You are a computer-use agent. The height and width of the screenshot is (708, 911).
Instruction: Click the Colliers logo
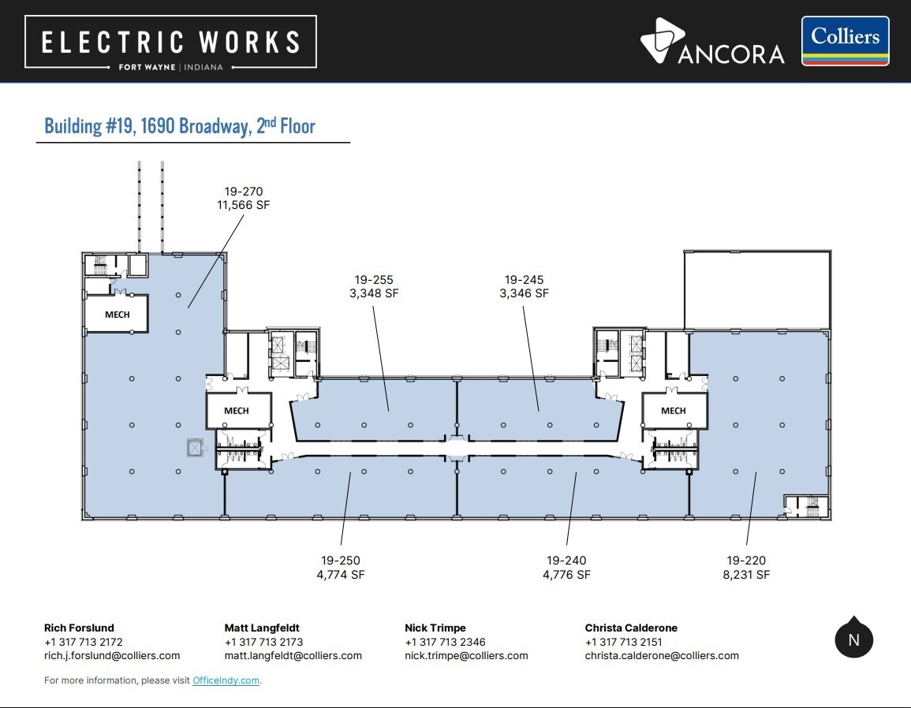[846, 41]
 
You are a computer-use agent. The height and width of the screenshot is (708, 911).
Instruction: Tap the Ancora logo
[712, 41]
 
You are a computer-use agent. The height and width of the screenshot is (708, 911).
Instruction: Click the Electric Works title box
[171, 42]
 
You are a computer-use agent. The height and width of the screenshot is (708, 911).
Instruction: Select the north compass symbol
[854, 637]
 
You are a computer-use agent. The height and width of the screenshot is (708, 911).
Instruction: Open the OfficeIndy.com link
[226, 680]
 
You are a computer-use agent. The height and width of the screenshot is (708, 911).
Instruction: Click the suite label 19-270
[244, 191]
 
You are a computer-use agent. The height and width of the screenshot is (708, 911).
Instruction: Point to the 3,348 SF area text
[374, 293]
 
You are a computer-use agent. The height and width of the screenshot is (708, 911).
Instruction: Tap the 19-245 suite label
[524, 279]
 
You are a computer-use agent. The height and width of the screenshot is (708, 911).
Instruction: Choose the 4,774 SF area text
[341, 575]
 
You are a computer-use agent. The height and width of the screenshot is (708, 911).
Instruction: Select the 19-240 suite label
[566, 561]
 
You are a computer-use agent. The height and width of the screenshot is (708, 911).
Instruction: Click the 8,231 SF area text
[746, 575]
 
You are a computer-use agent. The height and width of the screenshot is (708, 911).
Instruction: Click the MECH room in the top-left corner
[117, 314]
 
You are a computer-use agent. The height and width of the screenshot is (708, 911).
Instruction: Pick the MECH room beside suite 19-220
[674, 410]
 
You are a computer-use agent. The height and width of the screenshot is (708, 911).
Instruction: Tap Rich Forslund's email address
[112, 655]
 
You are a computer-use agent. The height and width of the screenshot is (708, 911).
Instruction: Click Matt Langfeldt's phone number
[263, 642]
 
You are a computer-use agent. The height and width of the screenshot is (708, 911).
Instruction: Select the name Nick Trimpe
[435, 628]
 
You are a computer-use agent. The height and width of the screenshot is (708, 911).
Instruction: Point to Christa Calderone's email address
[662, 655]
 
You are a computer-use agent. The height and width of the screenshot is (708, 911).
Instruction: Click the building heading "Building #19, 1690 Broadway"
[148, 126]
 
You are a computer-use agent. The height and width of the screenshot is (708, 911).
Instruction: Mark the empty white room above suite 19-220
[757, 290]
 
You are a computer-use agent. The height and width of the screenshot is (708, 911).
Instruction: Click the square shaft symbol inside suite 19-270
[196, 448]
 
